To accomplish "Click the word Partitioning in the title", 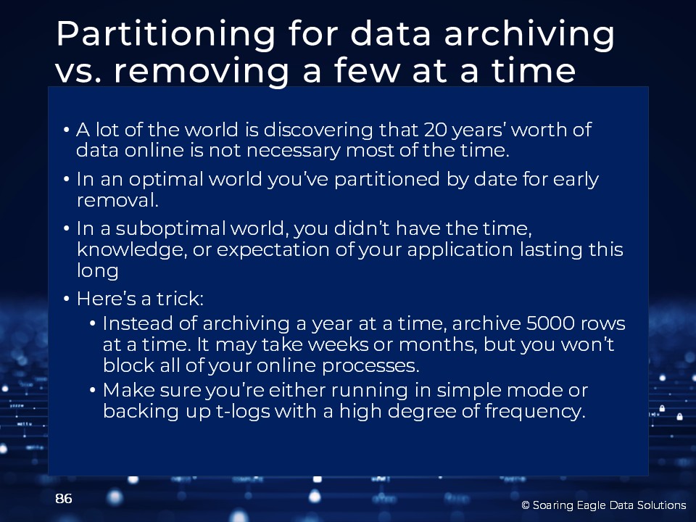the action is (x=165, y=35).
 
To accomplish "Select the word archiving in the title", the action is (x=529, y=35).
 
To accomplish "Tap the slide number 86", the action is (x=64, y=499).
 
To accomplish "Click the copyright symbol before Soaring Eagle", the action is (x=526, y=505).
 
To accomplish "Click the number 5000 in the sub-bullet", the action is (x=550, y=323).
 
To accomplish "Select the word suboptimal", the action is (x=171, y=229).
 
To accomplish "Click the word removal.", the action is (x=117, y=200).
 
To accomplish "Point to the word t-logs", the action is (x=243, y=412).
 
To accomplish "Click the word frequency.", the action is (x=535, y=412).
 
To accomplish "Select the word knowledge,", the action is (x=132, y=250).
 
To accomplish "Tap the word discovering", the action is (x=318, y=130).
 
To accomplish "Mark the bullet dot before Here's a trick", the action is (x=67, y=299).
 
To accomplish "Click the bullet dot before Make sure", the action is (x=93, y=391).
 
